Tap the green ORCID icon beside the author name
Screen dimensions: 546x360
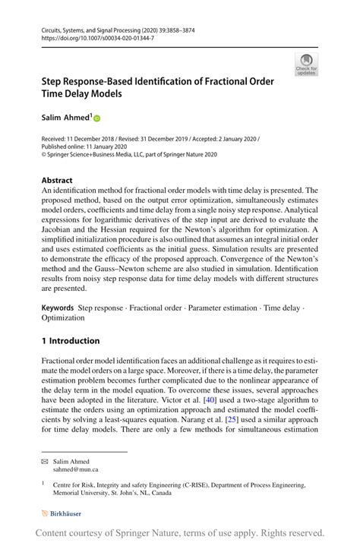pos(96,119)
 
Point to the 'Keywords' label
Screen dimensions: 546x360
pos(58,309)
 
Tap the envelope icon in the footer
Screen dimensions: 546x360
pos(46,461)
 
